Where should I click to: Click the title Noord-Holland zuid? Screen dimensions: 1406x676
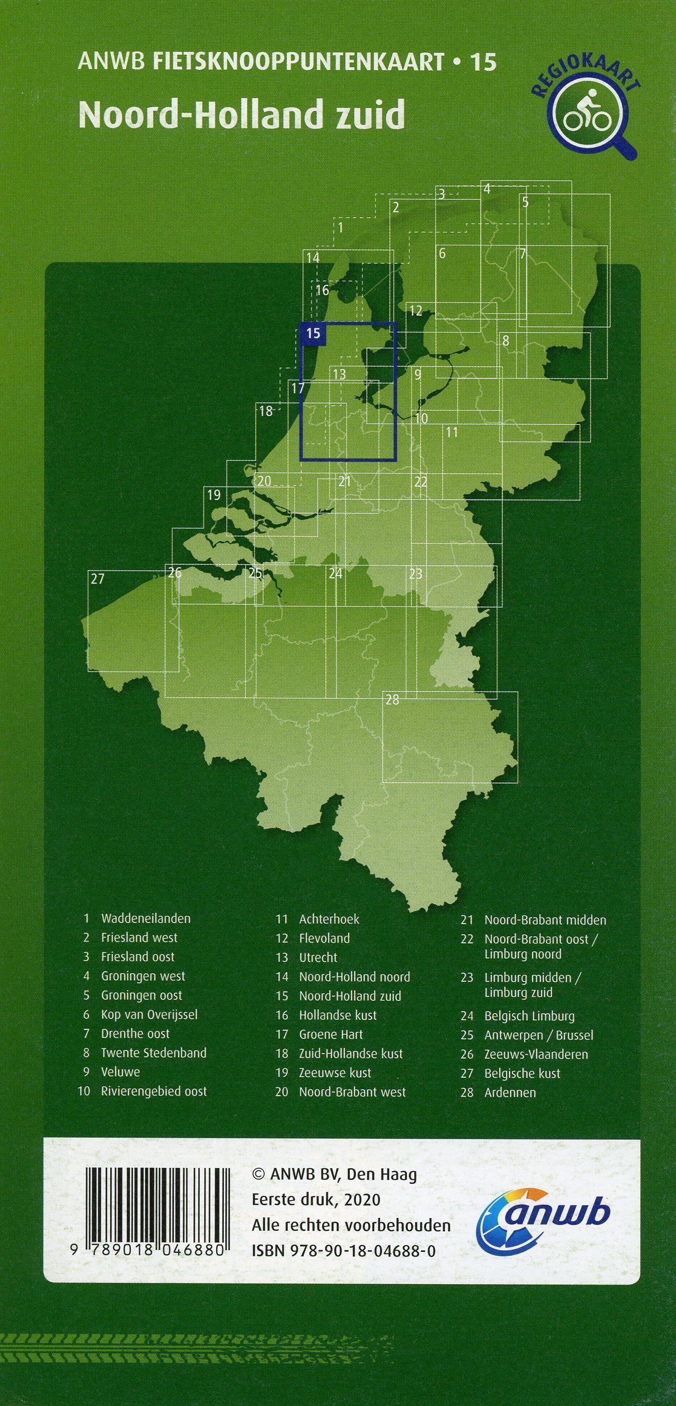tap(242, 114)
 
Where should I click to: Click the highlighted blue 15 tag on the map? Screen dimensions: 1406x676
tap(313, 333)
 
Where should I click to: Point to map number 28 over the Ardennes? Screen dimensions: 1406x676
tap(392, 700)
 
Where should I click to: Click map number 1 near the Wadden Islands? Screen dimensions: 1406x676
tap(341, 227)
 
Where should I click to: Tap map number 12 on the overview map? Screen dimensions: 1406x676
tap(416, 311)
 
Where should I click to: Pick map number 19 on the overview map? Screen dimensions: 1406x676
tap(214, 495)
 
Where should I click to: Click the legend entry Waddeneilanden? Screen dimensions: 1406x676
tap(145, 918)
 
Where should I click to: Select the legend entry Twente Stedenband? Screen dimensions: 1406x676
tap(153, 1053)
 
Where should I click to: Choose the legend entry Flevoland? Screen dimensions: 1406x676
tap(324, 938)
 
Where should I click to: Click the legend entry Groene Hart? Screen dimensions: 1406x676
tap(331, 1034)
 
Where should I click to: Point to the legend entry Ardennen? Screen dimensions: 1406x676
tap(510, 1093)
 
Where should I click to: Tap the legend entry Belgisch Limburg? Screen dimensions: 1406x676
tap(529, 1016)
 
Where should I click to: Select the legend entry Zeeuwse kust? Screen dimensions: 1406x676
tap(334, 1073)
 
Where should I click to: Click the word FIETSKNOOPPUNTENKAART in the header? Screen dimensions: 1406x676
tap(299, 64)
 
